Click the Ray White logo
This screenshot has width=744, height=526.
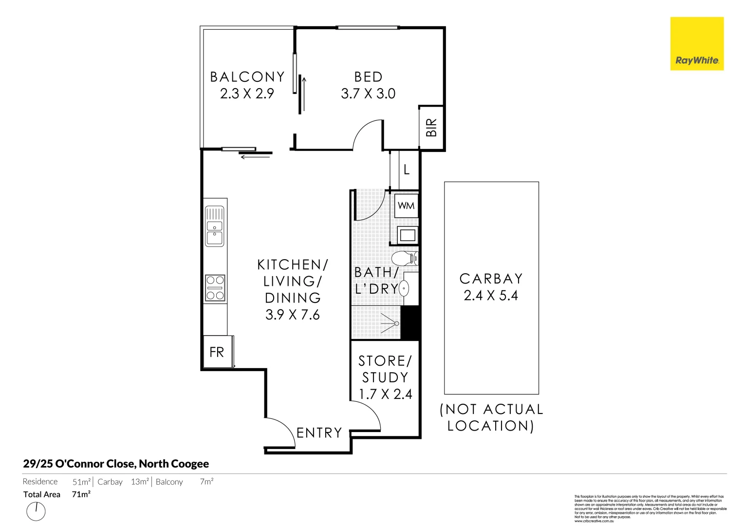click(x=697, y=44)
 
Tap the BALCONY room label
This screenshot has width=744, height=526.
click(x=247, y=77)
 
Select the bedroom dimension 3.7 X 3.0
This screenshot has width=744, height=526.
click(x=368, y=94)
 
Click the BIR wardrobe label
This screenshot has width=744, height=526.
click(x=431, y=128)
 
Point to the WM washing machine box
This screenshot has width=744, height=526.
click(x=406, y=206)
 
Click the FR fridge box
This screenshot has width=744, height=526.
click(x=217, y=352)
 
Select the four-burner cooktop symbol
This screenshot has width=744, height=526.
click(x=215, y=288)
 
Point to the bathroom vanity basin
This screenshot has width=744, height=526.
click(x=404, y=289)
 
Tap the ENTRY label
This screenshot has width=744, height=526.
click(x=319, y=433)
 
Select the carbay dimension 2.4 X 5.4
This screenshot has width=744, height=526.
click(x=491, y=296)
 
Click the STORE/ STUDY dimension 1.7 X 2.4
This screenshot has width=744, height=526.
click(x=385, y=394)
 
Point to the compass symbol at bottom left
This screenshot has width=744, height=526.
click(x=36, y=511)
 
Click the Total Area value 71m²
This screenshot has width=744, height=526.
click(x=81, y=494)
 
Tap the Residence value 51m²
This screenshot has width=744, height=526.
click(x=81, y=482)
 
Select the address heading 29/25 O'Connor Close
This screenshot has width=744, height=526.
click(x=116, y=464)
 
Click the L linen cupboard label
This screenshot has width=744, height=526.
click(x=407, y=169)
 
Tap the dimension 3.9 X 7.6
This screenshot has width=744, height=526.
click(x=292, y=315)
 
